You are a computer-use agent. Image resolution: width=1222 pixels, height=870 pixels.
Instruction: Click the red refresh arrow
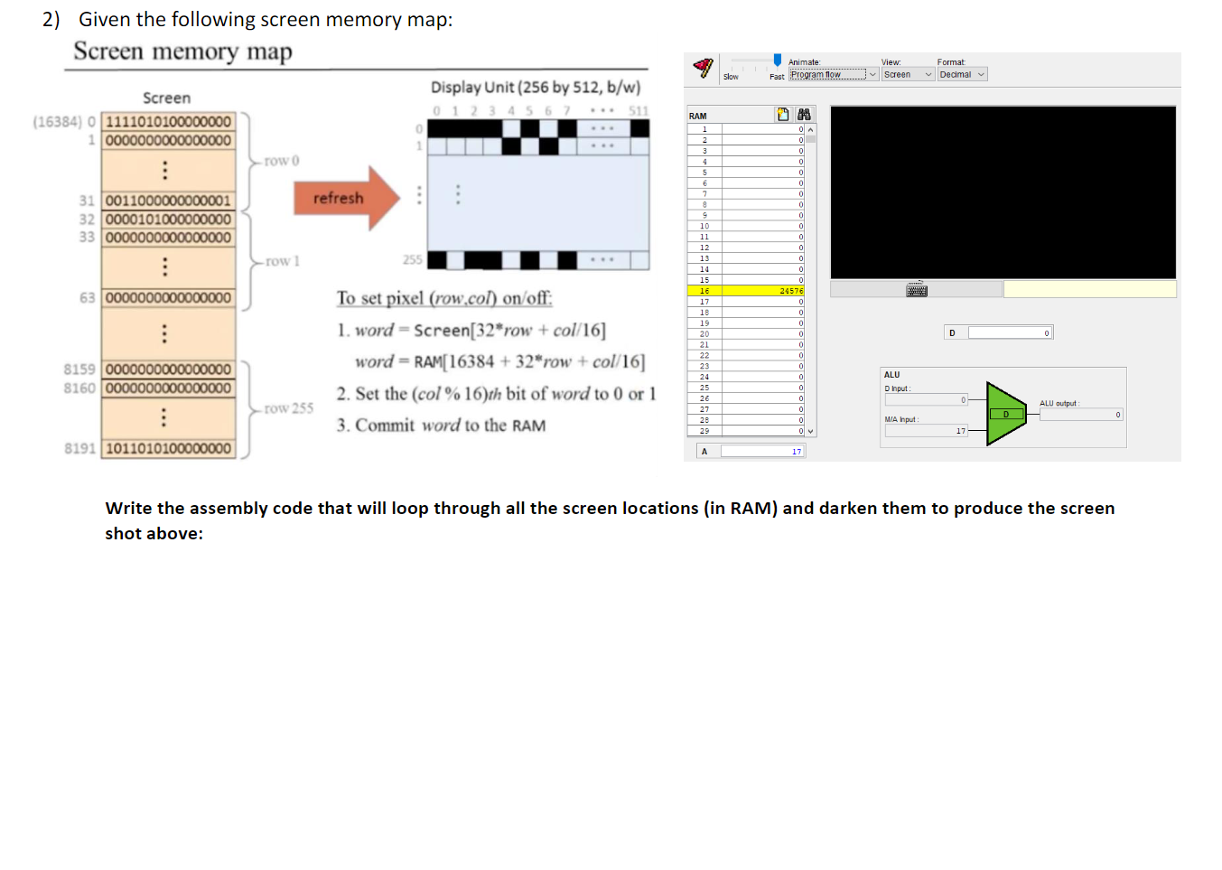[344, 198]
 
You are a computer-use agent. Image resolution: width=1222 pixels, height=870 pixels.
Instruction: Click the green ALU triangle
[1003, 414]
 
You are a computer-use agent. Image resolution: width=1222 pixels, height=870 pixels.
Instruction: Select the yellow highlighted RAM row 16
[745, 291]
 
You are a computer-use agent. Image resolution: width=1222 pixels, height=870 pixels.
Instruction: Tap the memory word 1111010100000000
[168, 122]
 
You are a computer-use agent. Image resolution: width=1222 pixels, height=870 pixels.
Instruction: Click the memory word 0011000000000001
[168, 201]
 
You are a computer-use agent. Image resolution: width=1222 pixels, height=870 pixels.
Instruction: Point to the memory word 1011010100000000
[168, 449]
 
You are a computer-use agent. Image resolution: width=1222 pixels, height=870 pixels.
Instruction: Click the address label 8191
[79, 449]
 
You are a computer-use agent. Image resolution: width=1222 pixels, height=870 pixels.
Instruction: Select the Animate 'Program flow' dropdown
[833, 75]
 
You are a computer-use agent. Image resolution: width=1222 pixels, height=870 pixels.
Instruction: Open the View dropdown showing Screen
[907, 75]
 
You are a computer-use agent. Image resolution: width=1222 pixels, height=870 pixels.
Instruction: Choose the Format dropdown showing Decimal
[961, 75]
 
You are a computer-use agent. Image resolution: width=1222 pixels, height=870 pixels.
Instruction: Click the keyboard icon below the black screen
[917, 290]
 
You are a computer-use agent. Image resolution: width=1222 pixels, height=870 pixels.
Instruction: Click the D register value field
[1009, 333]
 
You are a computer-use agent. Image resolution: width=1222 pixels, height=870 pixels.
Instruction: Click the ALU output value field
[1080, 416]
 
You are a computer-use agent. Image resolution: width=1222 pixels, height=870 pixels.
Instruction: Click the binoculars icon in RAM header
[804, 115]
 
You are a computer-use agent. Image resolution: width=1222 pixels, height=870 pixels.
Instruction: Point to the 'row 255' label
[289, 408]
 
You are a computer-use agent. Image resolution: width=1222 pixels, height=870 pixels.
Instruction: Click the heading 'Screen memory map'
[182, 51]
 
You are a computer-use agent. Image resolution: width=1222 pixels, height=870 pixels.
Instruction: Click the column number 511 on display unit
[639, 111]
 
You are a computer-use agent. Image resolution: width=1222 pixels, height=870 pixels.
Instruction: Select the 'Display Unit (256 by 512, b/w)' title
[536, 88]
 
